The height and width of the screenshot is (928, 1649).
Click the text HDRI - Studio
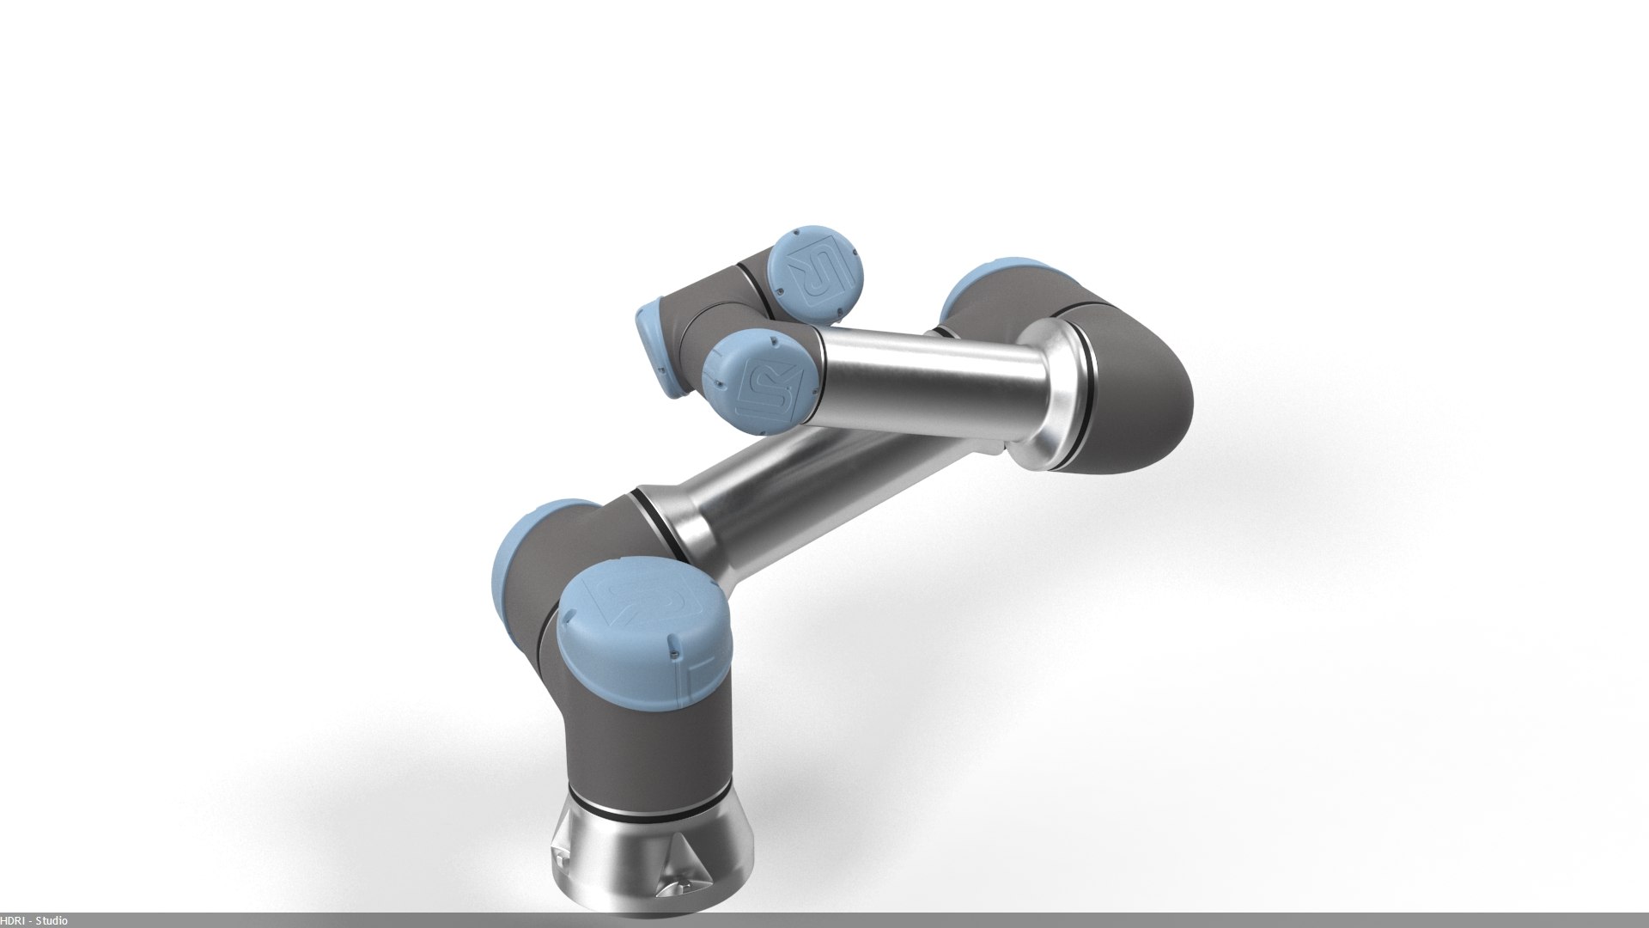coord(34,920)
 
